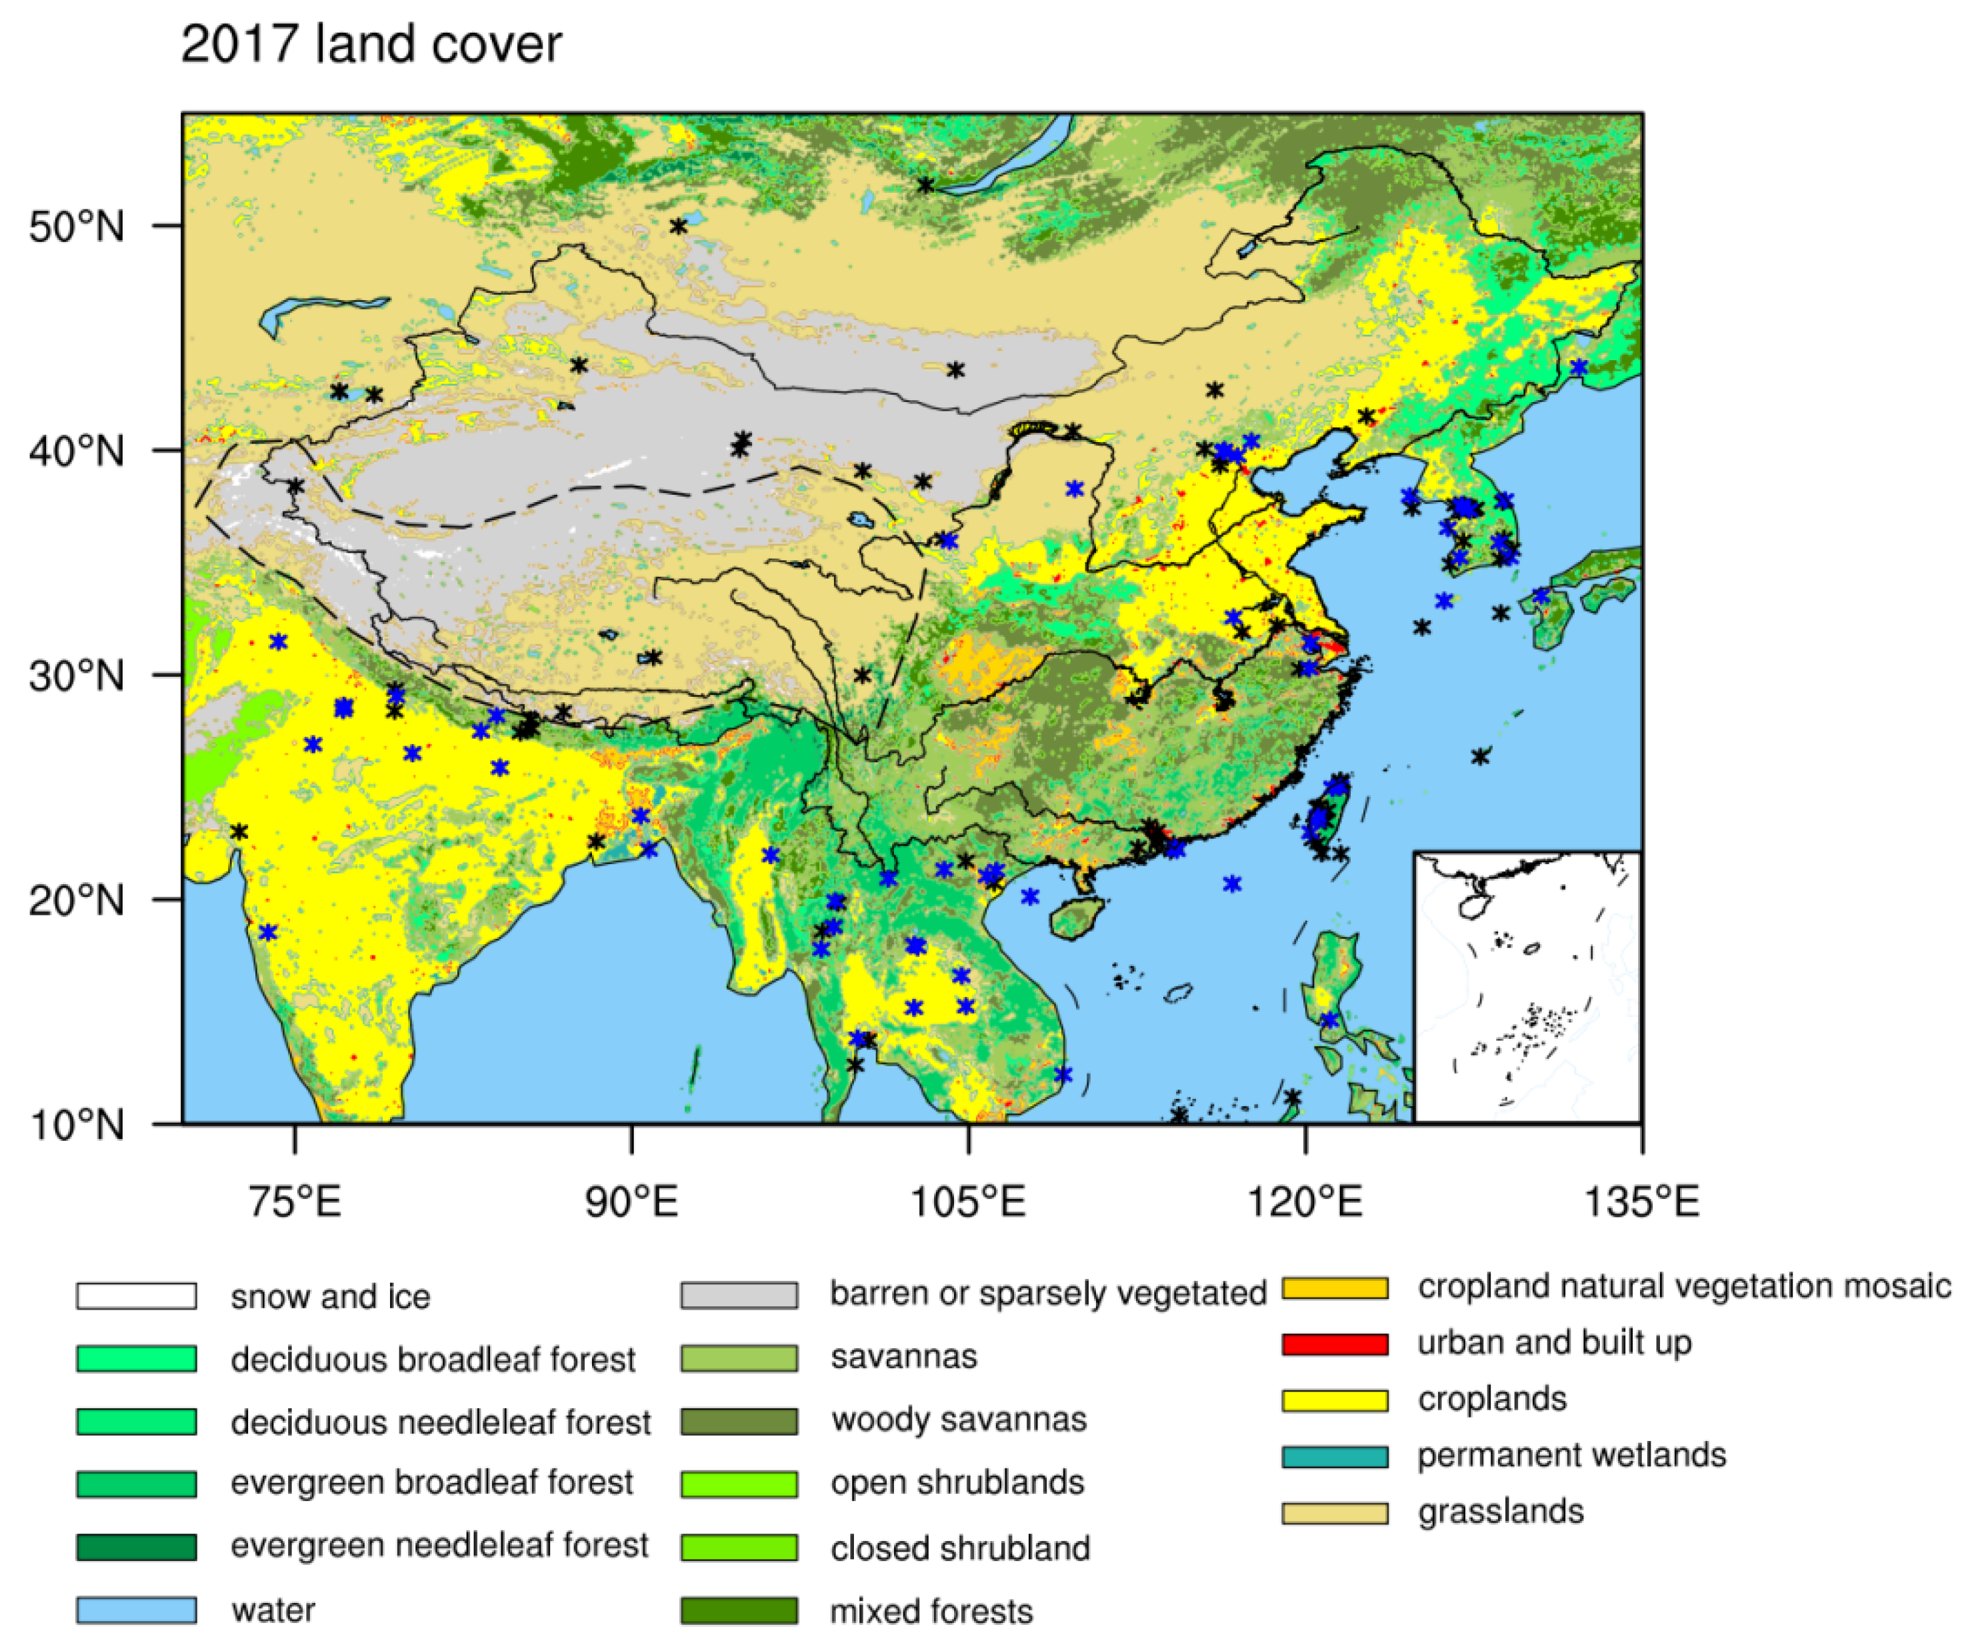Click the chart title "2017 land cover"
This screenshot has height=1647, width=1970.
371,44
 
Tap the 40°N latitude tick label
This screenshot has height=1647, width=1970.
76,451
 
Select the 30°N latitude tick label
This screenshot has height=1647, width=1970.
76,675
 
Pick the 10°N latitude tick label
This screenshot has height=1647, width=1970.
76,1124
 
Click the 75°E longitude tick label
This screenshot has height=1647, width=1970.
295,1201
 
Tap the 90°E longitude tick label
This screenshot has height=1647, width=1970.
631,1201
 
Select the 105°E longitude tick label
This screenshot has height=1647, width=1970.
967,1201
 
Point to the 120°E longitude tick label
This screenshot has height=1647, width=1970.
1304,1201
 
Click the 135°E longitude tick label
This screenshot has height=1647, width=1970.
1641,1201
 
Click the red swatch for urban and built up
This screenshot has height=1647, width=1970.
1334,1344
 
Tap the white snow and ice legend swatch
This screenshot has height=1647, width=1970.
136,1296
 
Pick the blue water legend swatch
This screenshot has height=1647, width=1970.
136,1610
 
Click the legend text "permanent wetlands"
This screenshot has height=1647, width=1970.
1571,1456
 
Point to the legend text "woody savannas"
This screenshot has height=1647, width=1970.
958,1420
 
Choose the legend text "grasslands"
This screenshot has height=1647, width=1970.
1500,1512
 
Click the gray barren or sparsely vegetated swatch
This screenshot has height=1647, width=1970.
739,1295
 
